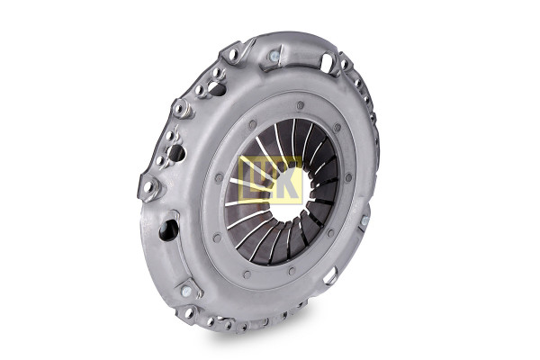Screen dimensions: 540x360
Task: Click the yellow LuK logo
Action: coord(271,178)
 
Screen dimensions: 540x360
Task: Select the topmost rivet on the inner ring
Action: coord(301,104)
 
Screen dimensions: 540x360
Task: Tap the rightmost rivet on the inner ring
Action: coord(348,178)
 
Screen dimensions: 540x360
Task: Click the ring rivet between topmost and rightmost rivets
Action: coord(337,128)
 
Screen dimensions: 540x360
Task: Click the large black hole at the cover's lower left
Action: coord(169,229)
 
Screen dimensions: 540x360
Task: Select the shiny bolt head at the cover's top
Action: coord(274,56)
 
